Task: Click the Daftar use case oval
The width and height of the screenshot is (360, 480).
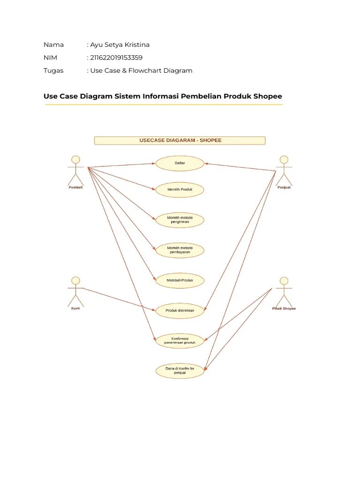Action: [x=180, y=163]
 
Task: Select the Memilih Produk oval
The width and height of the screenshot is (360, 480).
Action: [x=180, y=190]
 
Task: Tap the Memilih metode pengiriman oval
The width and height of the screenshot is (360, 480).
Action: [x=180, y=220]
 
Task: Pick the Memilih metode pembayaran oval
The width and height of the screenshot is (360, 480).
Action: [x=180, y=250]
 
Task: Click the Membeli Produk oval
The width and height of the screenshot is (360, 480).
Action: [x=180, y=280]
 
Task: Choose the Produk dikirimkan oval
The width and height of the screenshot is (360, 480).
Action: [x=180, y=310]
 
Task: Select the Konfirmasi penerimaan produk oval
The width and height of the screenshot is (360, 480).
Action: [x=180, y=340]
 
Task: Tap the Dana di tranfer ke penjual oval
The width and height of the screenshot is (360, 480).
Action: [x=180, y=371]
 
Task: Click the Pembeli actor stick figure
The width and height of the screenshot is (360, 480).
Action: [x=75, y=170]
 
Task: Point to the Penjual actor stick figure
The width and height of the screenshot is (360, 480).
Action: [x=284, y=170]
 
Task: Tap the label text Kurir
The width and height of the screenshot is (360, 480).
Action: [x=75, y=308]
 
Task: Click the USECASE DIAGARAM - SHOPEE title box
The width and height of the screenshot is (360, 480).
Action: [x=180, y=140]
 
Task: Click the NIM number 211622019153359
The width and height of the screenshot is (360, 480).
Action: [x=116, y=58]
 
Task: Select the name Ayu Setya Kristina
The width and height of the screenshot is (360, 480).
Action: [x=120, y=45]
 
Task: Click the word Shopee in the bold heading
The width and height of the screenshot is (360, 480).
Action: [x=267, y=96]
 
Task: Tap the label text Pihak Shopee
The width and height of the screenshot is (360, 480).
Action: [x=284, y=308]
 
